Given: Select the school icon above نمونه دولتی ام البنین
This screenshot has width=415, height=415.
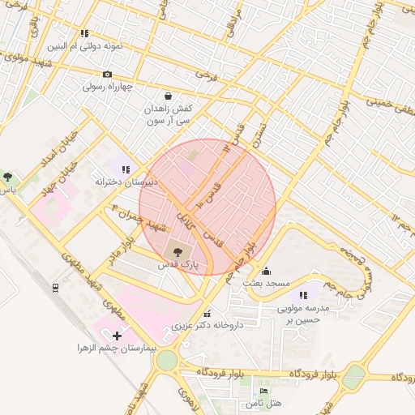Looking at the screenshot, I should pos(84,33).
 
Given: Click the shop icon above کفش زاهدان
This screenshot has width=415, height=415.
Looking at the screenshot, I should pos(167,96).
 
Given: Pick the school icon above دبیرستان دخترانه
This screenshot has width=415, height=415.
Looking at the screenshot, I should pos(125,169).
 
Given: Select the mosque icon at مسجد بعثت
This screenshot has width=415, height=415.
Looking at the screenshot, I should pos(267,272).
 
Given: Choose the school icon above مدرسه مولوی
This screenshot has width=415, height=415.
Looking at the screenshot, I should pos(303,296).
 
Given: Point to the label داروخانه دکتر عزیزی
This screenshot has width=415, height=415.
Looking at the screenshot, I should pos(207,326).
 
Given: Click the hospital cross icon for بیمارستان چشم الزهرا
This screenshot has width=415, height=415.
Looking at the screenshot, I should pos(117,335).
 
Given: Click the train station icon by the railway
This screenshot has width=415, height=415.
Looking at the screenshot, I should pos(54,287).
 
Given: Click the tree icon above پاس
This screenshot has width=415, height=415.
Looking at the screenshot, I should pos(7,176).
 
